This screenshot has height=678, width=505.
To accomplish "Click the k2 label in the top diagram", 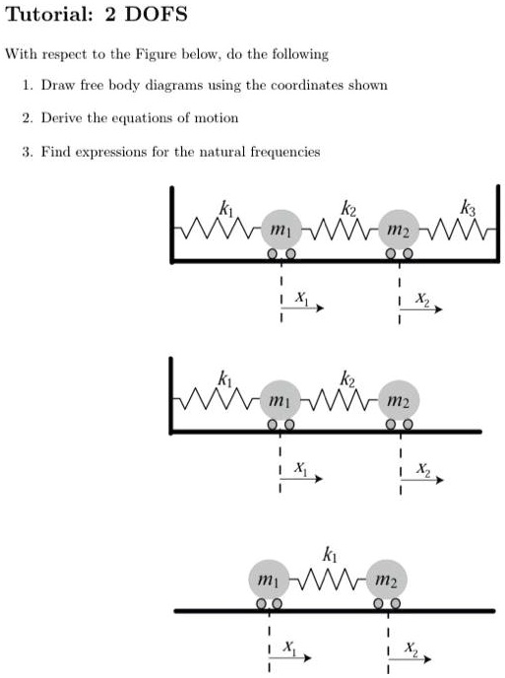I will tap(347, 208).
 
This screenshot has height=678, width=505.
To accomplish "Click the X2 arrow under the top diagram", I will tap(429, 307).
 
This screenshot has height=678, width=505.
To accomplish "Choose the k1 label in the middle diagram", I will tap(226, 379).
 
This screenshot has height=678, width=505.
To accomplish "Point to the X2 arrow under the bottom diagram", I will tap(416, 652).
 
